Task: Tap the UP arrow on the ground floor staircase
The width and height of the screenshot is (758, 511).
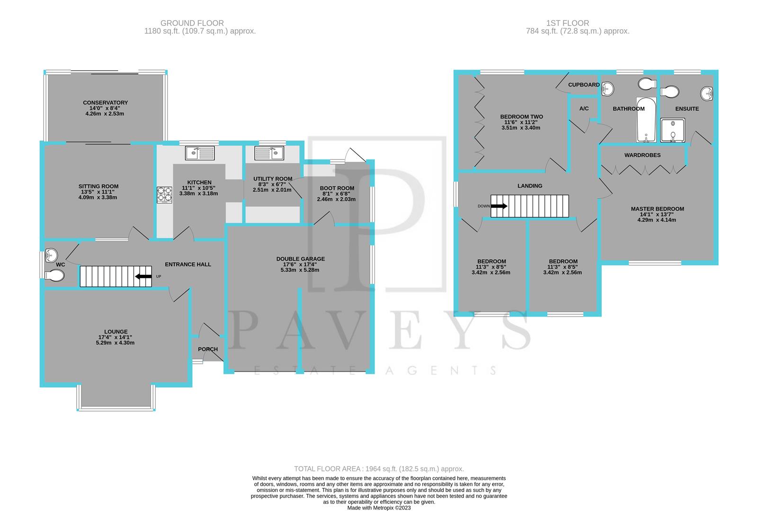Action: [143, 276]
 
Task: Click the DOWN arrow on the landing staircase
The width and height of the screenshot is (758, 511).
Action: [499, 206]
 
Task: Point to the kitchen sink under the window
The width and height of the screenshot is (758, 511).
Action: [200, 153]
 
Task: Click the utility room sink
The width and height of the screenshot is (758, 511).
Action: [268, 153]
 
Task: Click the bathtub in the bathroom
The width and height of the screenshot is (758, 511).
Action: [646, 120]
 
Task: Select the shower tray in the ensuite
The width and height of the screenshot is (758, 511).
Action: [673, 131]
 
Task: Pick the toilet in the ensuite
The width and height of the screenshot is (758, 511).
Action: [669, 91]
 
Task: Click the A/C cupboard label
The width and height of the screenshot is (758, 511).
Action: [584, 109]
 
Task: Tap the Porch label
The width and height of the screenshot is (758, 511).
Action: [208, 349]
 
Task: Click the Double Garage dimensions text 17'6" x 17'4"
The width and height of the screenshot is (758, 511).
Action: [301, 264]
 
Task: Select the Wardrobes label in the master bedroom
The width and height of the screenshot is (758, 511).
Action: [642, 155]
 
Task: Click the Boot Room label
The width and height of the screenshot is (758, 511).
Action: [336, 188]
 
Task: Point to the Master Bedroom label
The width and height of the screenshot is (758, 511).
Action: [657, 209]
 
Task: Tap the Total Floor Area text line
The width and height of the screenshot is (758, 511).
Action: [379, 469]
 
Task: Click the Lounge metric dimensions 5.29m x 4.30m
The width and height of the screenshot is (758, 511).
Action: [116, 343]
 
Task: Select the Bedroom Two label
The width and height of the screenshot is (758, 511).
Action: [521, 117]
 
